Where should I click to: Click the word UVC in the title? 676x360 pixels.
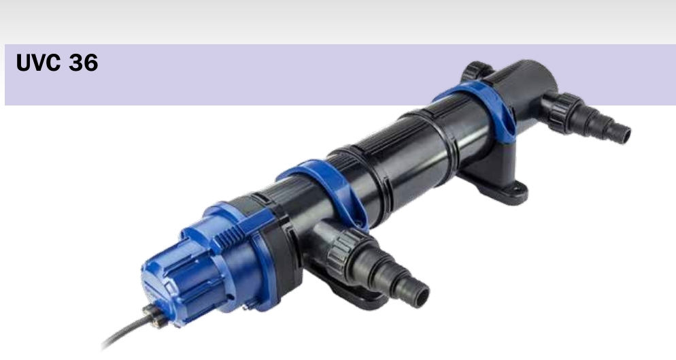click(x=38, y=63)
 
